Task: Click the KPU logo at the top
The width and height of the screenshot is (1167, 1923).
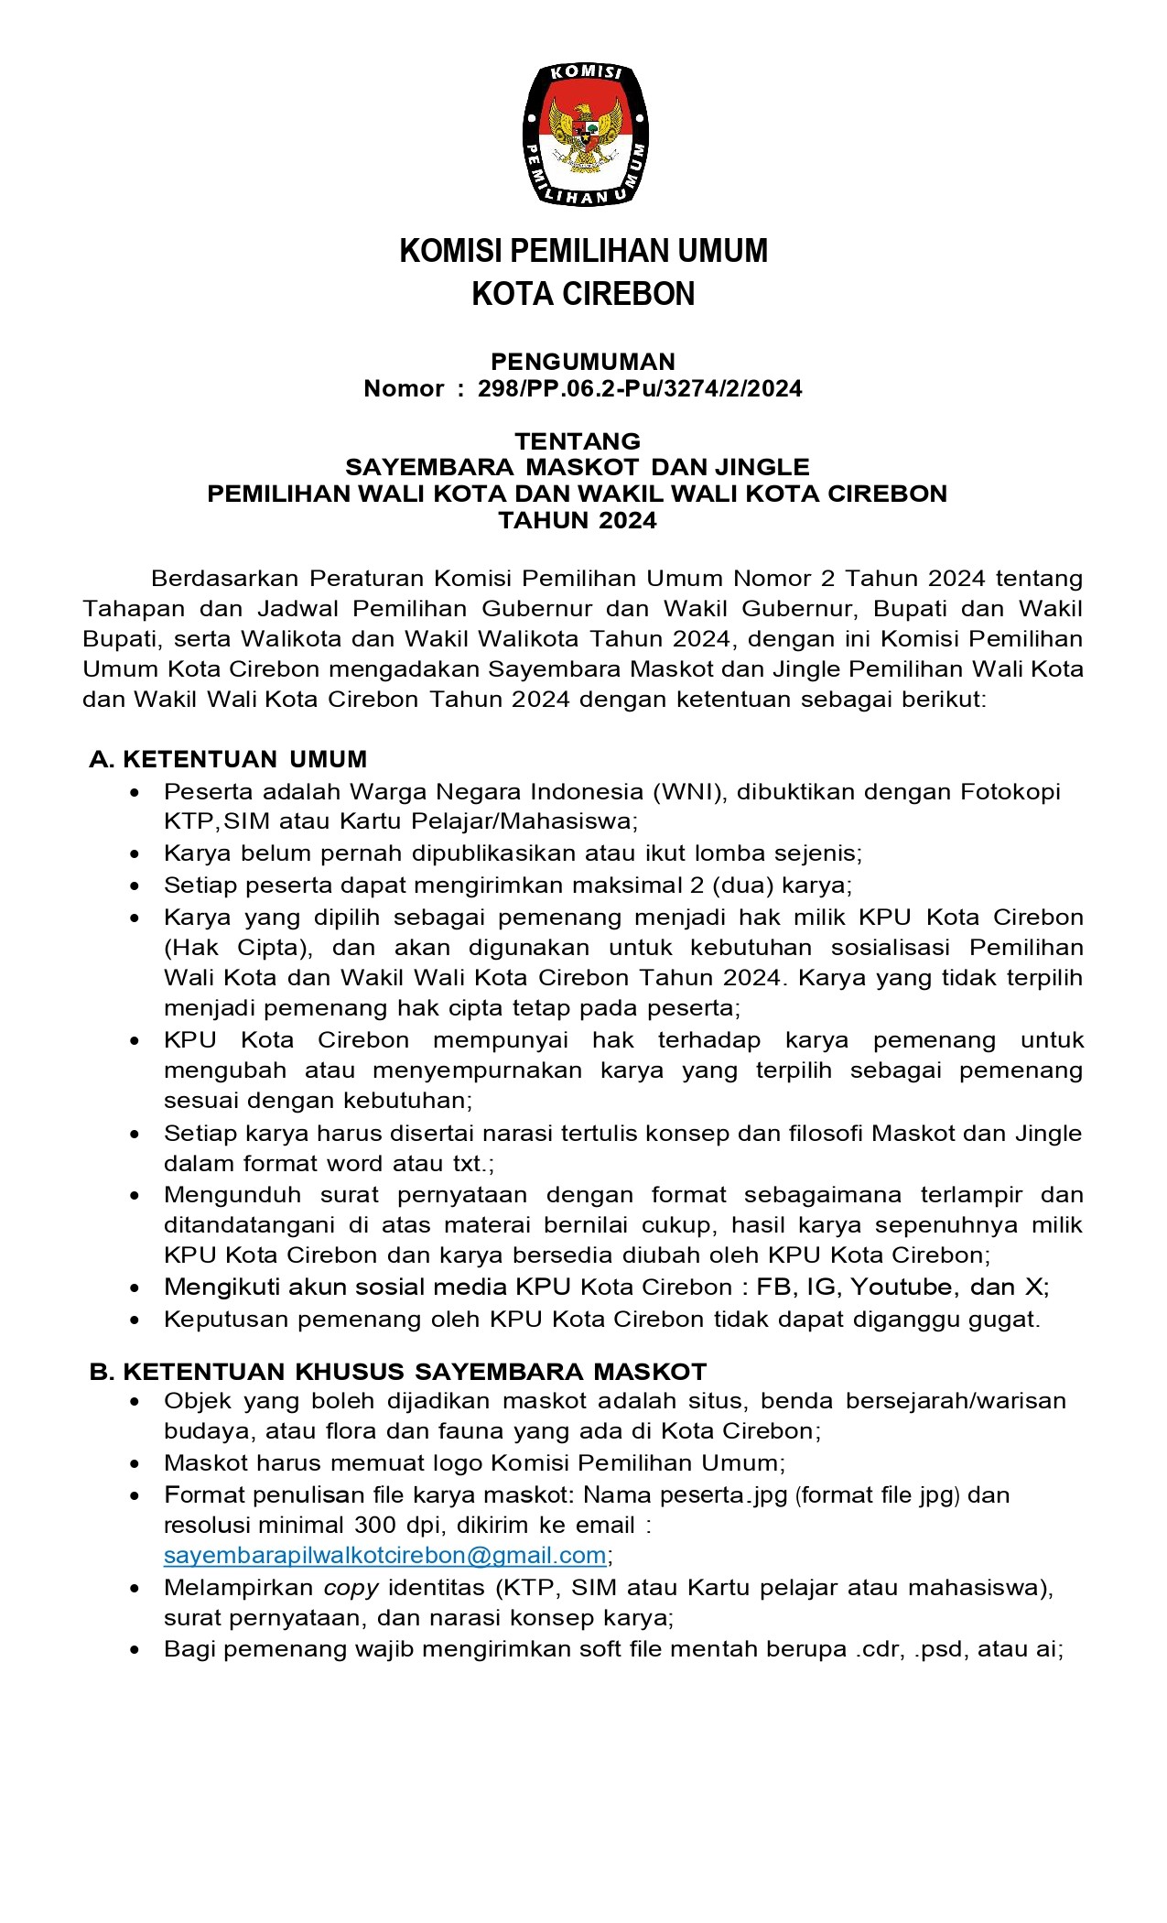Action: click(x=584, y=132)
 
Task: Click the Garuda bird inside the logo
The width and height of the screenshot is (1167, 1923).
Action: click(x=585, y=136)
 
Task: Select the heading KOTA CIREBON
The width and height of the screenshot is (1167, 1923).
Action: click(x=583, y=294)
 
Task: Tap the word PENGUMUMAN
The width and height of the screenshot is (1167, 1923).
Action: click(x=583, y=362)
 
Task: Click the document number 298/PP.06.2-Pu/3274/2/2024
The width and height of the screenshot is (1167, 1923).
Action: click(x=640, y=389)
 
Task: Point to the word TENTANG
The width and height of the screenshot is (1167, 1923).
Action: click(x=578, y=441)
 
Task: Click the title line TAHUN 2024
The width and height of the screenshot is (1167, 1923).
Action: click(x=578, y=521)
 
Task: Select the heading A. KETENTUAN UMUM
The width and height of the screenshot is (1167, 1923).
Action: click(x=228, y=759)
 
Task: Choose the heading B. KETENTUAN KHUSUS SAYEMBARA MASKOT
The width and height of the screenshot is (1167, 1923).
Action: click(x=398, y=1371)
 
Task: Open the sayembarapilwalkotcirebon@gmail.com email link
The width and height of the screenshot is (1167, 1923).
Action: click(x=384, y=1555)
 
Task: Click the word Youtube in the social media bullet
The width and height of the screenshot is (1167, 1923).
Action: click(x=902, y=1287)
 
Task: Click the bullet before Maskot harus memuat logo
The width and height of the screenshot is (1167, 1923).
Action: click(x=136, y=1463)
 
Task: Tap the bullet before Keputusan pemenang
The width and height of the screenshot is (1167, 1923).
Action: click(x=136, y=1320)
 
